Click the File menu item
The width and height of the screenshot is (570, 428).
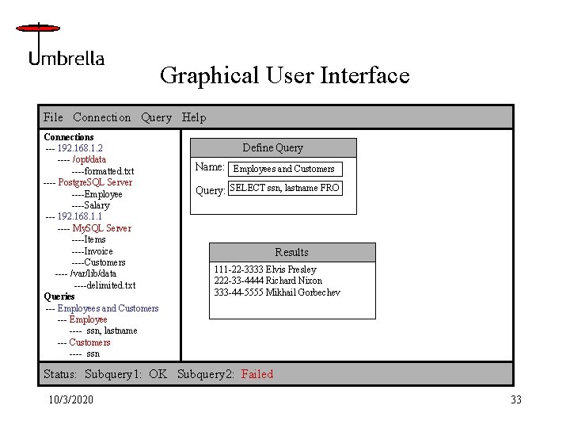[x=53, y=117]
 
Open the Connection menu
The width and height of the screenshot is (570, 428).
[x=101, y=117]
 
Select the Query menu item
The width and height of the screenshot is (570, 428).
[x=156, y=117]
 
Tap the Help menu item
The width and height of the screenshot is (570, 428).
[x=194, y=117]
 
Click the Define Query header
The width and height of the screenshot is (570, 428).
[x=272, y=147]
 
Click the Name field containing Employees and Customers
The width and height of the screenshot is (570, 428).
[x=283, y=169]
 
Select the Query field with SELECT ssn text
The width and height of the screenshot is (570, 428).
[x=284, y=188]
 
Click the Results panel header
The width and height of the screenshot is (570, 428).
[x=291, y=252]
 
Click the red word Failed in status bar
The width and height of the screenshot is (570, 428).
[x=257, y=374]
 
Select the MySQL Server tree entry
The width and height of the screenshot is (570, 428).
[x=101, y=228]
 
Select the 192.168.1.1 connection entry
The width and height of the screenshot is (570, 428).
[x=79, y=216]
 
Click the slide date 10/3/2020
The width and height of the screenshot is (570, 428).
[x=70, y=399]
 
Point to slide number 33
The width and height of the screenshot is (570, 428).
[x=515, y=399]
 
